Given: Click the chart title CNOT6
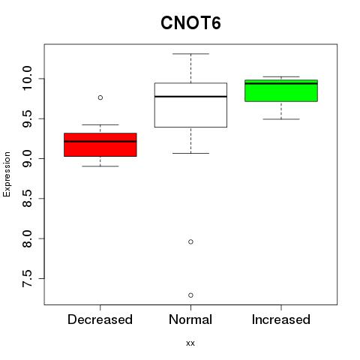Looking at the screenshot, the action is (x=190, y=23).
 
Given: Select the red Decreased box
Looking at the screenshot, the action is (x=100, y=145).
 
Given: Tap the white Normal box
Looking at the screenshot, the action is (x=190, y=105).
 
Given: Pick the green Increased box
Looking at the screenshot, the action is (x=281, y=91).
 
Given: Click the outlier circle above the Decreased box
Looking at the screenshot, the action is (x=100, y=97).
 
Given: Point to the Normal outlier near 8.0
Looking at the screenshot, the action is (x=190, y=241).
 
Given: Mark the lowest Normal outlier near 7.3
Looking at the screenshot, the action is (x=190, y=295).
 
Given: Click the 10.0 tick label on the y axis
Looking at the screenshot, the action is (x=27, y=79).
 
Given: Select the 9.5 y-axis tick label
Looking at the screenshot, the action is (x=27, y=118).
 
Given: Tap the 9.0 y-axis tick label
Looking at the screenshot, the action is (x=27, y=159).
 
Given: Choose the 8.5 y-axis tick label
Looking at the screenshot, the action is (x=27, y=199).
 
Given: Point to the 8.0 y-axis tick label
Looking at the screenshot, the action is (x=27, y=238).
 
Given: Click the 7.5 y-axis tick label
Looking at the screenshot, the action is (x=27, y=278).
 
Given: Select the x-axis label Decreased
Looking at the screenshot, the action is (x=100, y=319).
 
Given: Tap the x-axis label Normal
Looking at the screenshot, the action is (x=190, y=319).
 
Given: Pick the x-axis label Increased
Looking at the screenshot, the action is (x=281, y=319).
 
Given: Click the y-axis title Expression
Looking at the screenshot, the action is (x=7, y=174).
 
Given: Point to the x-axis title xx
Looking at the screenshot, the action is (x=190, y=343).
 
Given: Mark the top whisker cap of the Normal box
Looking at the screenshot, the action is (x=190, y=54).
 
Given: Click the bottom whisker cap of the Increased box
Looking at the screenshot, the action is (x=281, y=119).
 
